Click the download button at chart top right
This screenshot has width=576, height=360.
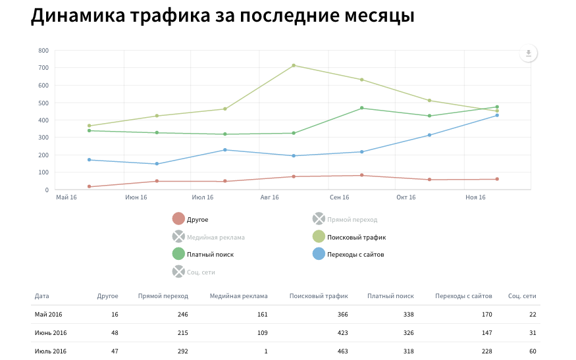(x=528, y=54)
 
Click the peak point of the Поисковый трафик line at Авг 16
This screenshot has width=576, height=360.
(x=294, y=65)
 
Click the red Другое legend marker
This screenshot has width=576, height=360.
(x=178, y=219)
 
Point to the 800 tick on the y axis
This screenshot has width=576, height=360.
(x=43, y=50)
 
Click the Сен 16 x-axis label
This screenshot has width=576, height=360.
(x=339, y=197)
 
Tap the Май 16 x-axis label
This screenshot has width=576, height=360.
(x=66, y=197)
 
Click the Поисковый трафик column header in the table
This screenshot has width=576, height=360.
(x=319, y=296)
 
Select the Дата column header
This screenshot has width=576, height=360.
(x=42, y=296)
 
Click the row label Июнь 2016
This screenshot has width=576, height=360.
(x=51, y=333)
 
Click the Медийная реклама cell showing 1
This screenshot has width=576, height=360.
(x=265, y=351)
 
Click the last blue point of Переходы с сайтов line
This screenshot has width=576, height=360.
(x=497, y=115)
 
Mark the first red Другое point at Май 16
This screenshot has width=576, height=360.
(x=89, y=187)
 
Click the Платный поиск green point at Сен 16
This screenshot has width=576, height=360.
(x=362, y=108)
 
